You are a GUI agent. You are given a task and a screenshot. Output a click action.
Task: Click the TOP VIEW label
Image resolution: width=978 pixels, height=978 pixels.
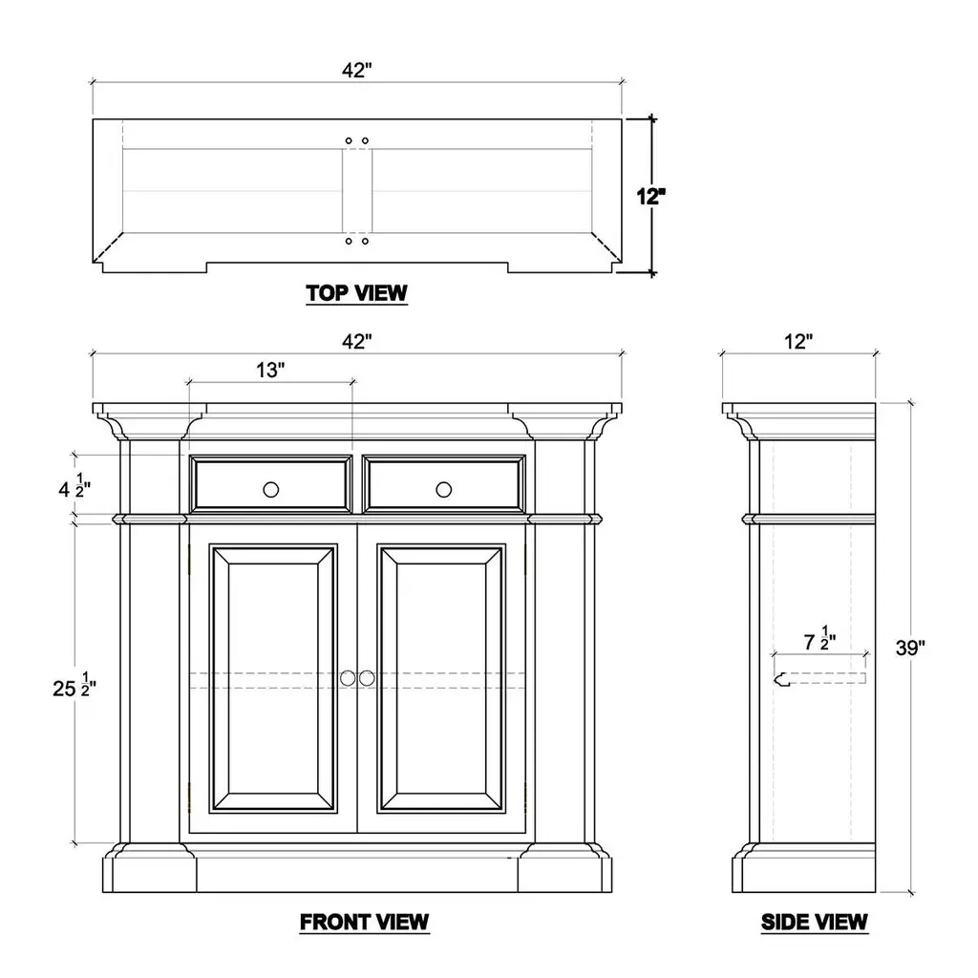(356, 292)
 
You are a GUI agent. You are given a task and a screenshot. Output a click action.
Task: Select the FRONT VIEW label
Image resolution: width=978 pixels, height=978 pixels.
(364, 922)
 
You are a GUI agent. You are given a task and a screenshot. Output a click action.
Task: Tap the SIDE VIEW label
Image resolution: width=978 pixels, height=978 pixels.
(814, 922)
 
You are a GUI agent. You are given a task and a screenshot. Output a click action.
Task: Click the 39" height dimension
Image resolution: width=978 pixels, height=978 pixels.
(910, 648)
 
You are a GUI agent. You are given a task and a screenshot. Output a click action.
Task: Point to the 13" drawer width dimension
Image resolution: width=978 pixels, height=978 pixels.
(270, 370)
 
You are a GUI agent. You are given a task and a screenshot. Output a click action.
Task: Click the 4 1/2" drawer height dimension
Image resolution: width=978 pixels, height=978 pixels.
(74, 486)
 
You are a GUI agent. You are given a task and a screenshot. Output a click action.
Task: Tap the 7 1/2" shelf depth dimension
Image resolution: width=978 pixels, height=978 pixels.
(819, 639)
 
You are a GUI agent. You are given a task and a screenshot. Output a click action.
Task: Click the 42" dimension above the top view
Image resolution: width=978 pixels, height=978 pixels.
(357, 71)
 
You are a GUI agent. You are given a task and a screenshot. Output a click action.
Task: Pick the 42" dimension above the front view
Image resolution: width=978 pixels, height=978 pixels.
(357, 341)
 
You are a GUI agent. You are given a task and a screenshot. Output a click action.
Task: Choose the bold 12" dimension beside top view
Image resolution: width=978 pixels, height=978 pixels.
(650, 197)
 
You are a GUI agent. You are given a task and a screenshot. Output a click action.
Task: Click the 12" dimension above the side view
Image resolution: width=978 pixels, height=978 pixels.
(798, 341)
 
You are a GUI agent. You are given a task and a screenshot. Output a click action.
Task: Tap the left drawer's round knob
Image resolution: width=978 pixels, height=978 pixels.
(270, 490)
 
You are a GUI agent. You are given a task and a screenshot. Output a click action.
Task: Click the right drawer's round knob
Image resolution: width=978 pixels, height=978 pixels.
(443, 490)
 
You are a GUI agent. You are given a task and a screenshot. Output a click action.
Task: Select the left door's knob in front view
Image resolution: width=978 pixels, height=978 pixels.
(348, 678)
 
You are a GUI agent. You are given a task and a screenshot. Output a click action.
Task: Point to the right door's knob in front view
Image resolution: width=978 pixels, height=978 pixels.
(367, 678)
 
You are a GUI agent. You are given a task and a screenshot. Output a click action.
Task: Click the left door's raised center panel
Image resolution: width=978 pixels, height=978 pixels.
(273, 679)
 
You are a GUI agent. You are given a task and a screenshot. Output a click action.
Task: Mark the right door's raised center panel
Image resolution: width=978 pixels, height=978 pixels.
(441, 679)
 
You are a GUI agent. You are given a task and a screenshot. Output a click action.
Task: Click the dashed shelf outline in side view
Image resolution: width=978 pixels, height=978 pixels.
(819, 679)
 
